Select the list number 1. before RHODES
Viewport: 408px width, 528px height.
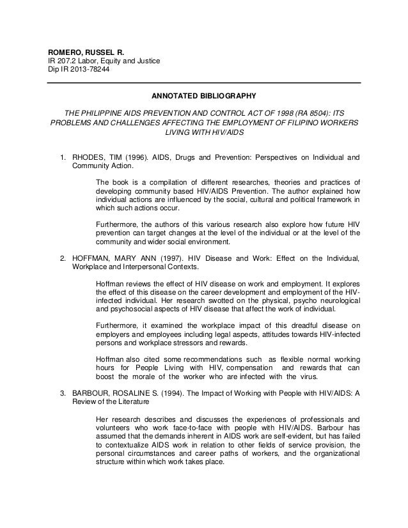point(63,157)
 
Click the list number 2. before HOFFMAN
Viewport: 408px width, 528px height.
point(63,259)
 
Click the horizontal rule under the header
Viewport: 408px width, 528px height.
point(205,83)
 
